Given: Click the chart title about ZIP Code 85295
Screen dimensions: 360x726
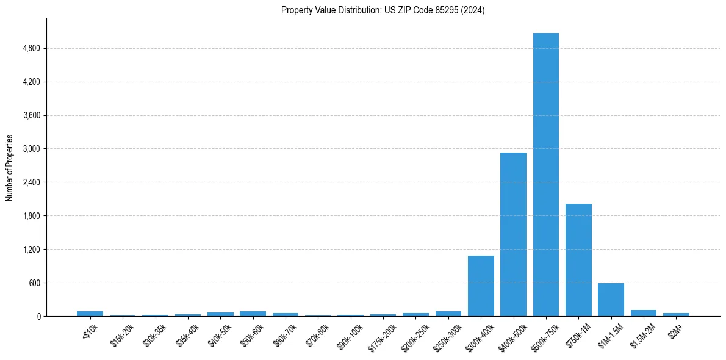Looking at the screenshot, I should pyautogui.click(x=383, y=10).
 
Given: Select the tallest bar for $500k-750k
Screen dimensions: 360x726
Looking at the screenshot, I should pyautogui.click(x=545, y=175).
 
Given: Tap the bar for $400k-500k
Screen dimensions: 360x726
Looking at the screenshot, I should pyautogui.click(x=513, y=234).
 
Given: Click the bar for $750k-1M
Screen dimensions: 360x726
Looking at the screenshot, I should pyautogui.click(x=578, y=260).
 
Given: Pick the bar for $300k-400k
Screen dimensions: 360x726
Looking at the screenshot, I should pyautogui.click(x=481, y=286).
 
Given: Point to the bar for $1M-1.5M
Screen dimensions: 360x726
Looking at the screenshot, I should pyautogui.click(x=611, y=300).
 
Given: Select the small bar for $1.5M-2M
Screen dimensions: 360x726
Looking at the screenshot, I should pyautogui.click(x=643, y=313).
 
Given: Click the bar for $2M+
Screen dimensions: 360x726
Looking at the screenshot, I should pyautogui.click(x=676, y=314).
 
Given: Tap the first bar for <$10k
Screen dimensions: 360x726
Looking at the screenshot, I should pyautogui.click(x=90, y=314).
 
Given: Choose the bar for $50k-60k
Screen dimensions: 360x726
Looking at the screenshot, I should pyautogui.click(x=253, y=314).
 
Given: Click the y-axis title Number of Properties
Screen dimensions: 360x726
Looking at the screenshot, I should pyautogui.click(x=10, y=167).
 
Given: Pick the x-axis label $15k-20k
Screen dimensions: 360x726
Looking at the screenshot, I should pyautogui.click(x=123, y=332).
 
